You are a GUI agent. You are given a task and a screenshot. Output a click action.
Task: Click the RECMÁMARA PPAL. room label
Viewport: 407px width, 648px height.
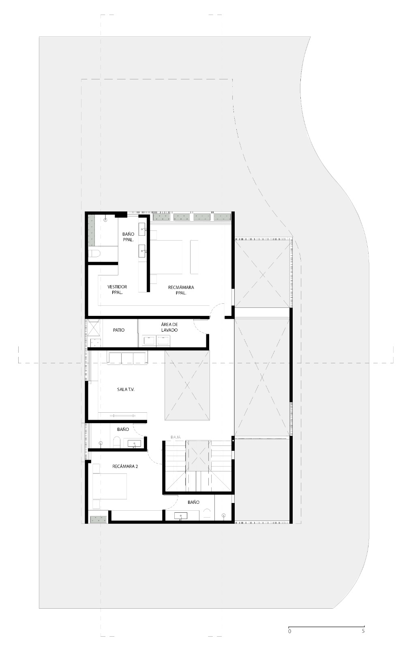click(181, 290)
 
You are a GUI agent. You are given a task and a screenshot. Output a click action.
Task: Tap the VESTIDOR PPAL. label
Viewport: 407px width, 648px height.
click(117, 289)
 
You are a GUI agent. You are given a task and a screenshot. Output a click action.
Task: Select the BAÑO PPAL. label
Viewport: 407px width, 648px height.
click(128, 237)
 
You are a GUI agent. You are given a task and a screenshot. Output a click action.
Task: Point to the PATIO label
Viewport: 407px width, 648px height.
click(119, 330)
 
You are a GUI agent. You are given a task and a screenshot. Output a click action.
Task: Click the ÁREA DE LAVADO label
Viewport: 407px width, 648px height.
click(169, 327)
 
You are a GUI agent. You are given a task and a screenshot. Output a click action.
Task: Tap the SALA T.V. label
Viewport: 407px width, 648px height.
click(126, 389)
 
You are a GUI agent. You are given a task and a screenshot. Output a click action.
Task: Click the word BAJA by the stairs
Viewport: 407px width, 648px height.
click(176, 437)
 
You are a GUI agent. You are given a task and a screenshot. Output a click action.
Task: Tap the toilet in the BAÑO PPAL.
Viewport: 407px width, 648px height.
click(94, 254)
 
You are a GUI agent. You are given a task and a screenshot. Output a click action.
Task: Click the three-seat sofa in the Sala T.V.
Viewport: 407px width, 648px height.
click(127, 358)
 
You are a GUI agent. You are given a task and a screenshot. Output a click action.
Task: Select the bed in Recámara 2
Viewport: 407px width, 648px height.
click(110, 486)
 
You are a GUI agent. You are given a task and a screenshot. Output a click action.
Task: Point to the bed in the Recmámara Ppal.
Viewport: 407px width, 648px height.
click(167, 257)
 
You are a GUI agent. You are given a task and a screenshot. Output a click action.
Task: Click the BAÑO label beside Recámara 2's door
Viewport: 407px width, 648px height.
click(193, 502)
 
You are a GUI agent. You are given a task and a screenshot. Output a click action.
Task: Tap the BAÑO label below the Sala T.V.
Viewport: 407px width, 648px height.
click(123, 429)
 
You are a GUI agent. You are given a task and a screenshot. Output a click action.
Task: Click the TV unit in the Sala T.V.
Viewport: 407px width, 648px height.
click(122, 416)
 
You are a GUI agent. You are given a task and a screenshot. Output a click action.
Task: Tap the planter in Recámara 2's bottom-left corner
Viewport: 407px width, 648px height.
click(98, 520)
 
